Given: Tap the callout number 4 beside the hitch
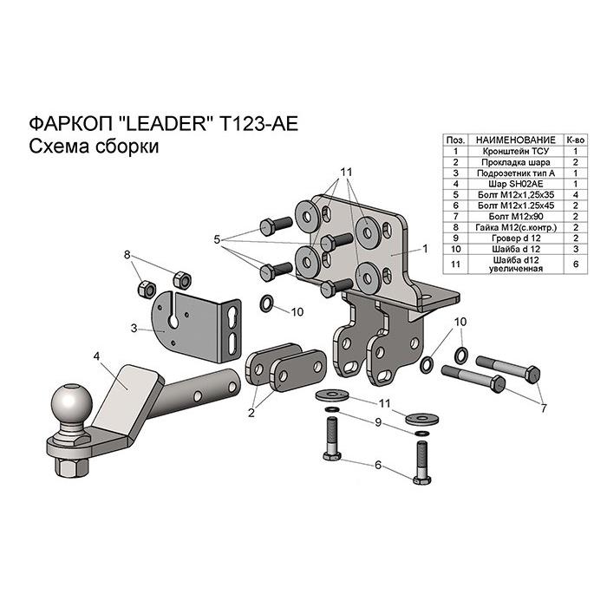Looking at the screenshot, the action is (96, 356).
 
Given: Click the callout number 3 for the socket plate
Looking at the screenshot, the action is (134, 329).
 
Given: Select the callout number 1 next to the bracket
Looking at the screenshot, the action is (425, 249).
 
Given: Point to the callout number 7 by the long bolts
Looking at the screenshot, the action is (544, 408).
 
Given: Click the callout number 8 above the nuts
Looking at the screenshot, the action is (127, 255).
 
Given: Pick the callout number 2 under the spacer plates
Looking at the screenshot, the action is (251, 413).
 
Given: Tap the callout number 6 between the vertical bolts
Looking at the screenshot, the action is (378, 465).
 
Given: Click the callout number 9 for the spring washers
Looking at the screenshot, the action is (378, 422).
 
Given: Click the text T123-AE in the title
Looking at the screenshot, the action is (258, 124).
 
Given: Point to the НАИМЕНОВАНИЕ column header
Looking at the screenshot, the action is (515, 140).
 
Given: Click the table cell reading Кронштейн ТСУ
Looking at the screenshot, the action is (515, 151).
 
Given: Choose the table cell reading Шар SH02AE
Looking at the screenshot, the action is (515, 184).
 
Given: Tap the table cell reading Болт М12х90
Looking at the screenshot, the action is (515, 217).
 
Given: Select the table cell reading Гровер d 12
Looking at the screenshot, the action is (515, 238).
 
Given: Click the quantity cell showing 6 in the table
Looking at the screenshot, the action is (576, 264).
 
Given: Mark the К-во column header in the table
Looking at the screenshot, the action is (576, 140).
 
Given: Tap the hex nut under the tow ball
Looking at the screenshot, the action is (72, 467).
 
